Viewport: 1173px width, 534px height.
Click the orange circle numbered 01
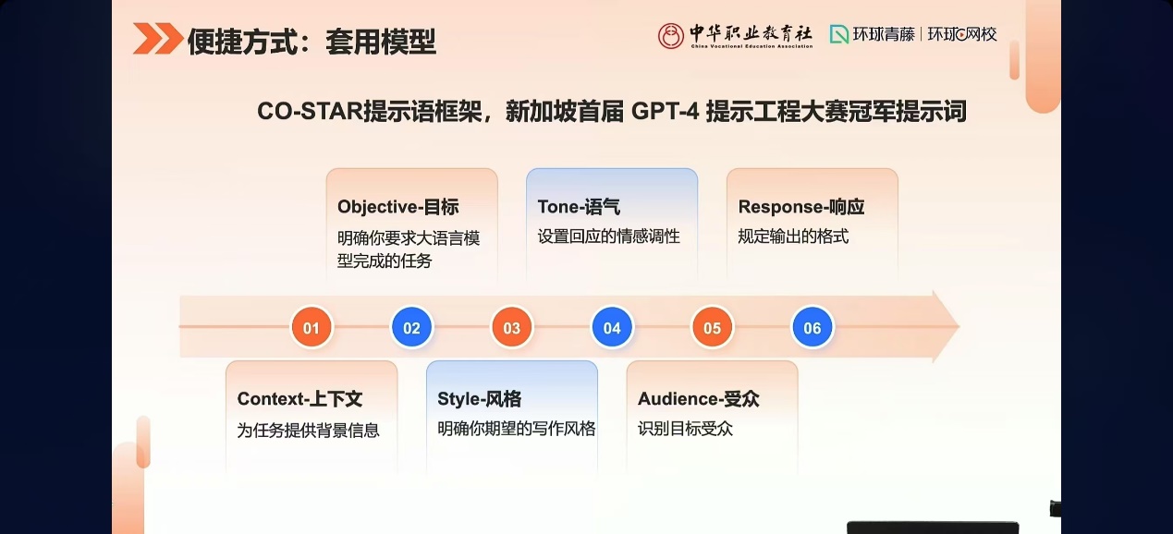click(312, 328)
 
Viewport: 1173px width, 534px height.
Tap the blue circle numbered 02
click(411, 328)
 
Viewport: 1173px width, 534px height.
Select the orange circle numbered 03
click(511, 328)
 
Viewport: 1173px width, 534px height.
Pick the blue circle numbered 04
click(612, 328)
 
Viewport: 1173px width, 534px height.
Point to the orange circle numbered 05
click(712, 328)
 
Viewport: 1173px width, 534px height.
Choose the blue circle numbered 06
click(813, 328)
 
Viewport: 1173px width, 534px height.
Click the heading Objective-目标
click(397, 207)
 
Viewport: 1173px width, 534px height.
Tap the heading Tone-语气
click(579, 207)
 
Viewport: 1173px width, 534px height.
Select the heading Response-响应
click(800, 207)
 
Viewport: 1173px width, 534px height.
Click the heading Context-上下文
click(299, 399)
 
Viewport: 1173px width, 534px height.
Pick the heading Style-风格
click(479, 399)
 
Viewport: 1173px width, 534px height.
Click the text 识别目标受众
click(685, 429)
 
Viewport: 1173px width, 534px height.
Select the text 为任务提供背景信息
click(308, 430)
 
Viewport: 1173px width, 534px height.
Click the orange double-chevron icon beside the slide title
click(157, 39)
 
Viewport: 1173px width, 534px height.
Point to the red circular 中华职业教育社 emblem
click(671, 36)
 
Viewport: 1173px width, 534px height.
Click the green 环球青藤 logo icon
click(838, 35)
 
